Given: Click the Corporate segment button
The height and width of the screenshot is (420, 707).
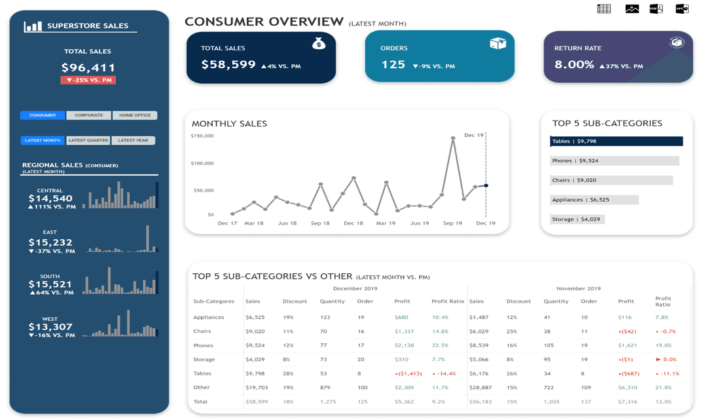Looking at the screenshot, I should click(x=88, y=115).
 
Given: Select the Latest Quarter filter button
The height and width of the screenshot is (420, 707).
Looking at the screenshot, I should click(x=88, y=140).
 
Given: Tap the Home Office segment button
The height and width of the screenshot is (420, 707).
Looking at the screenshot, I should click(x=135, y=115).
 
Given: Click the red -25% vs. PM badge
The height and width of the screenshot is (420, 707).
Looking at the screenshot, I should click(x=88, y=81).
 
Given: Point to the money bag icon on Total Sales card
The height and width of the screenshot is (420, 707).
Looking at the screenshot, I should click(x=319, y=44).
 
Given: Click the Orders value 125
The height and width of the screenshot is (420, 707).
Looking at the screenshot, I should click(x=393, y=65).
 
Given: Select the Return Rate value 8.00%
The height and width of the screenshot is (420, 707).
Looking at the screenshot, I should click(x=574, y=65).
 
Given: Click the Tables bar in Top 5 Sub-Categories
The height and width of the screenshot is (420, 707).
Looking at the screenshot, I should click(x=616, y=142).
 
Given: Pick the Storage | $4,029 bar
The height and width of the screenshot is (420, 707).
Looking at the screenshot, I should click(x=577, y=220).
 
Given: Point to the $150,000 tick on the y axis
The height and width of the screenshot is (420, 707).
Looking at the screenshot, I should click(x=202, y=136).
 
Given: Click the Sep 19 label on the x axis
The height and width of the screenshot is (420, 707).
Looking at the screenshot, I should click(x=452, y=223).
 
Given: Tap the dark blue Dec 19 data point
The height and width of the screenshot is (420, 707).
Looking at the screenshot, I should click(x=486, y=185).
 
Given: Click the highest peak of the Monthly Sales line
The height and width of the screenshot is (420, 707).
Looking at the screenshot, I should click(x=452, y=138).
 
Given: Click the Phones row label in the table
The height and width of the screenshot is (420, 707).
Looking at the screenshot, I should click(x=203, y=345).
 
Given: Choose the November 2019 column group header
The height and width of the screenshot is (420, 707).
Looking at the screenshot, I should click(x=578, y=288).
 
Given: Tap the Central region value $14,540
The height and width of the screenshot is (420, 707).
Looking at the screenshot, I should click(x=50, y=199).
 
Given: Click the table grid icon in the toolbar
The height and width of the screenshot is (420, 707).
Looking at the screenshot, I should click(x=604, y=9).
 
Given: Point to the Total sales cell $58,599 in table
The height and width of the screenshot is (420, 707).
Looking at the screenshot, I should click(x=256, y=402).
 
